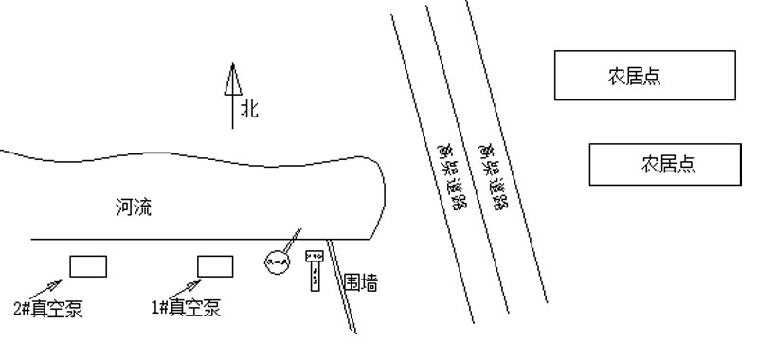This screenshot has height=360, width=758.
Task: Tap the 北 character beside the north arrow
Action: (248, 109)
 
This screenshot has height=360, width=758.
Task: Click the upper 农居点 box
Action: (645, 76)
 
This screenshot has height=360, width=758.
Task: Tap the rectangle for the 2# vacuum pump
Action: (88, 266)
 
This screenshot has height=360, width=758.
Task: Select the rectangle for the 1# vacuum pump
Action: (215, 266)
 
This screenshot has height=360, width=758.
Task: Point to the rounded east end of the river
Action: (382, 194)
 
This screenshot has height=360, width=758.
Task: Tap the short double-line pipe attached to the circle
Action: (294, 236)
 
